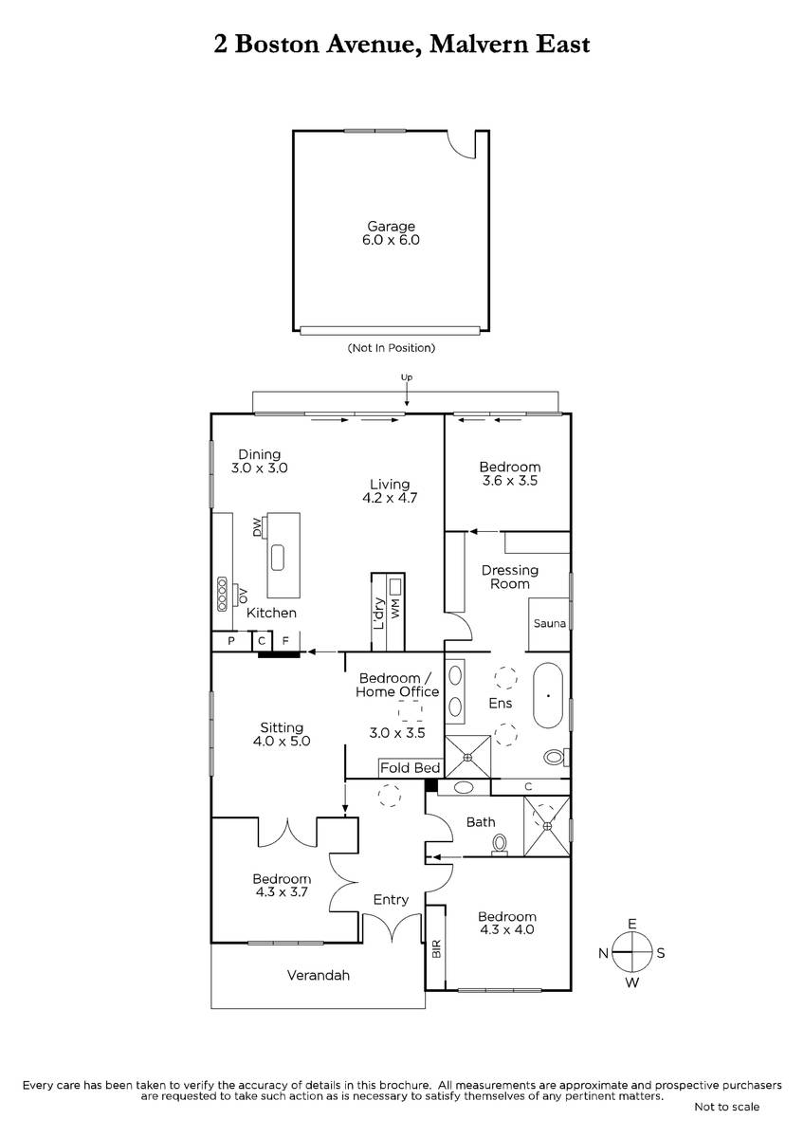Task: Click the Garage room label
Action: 391,226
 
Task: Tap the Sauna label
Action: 550,623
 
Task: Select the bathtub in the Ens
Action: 548,695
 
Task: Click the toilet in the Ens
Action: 557,758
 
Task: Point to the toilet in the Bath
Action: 500,845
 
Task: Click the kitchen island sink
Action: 277,558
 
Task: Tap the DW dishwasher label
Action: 258,526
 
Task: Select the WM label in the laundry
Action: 395,608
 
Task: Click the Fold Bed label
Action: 410,767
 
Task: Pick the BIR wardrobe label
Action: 436,948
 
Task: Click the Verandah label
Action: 319,976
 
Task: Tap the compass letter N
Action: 603,953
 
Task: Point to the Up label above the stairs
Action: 407,377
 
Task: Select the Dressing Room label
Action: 510,578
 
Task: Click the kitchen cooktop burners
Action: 222,594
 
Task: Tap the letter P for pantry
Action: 231,641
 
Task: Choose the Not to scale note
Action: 727,1107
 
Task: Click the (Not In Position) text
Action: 391,348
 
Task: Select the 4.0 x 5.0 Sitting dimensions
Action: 282,742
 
